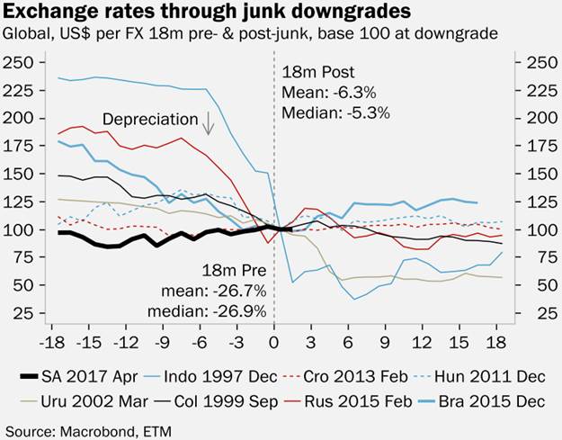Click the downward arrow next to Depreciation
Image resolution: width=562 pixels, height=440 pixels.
click(209, 122)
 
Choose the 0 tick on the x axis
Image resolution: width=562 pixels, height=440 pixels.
click(274, 344)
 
